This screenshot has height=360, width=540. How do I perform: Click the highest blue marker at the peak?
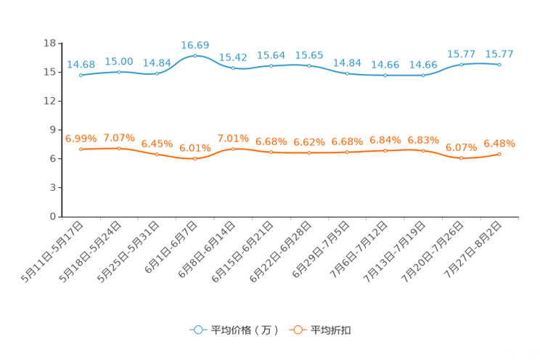point(195,55)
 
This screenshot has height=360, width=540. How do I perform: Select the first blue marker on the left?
point(81,75)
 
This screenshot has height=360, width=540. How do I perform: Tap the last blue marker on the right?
point(499,65)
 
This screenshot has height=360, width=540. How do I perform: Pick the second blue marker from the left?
point(118,71)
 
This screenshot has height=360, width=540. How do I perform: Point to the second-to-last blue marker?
point(461,65)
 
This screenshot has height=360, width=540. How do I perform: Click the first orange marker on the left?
point(81,149)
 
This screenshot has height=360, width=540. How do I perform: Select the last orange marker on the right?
point(499,154)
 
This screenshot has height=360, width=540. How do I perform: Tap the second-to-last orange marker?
point(461,158)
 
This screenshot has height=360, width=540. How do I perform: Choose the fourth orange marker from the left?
point(195,158)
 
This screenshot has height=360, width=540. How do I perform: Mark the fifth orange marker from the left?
point(233,149)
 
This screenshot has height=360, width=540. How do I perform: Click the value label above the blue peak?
point(195,45)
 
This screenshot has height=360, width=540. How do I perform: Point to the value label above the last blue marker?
point(499,54)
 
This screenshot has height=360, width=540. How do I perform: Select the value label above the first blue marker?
point(81,65)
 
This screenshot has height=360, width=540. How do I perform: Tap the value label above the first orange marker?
point(81,139)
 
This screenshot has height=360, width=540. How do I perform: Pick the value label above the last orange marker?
point(499,143)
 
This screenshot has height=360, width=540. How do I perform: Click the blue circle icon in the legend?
point(197,330)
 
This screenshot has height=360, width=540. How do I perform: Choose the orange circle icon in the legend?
point(297,330)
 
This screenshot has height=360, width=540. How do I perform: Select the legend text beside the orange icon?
point(332,330)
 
